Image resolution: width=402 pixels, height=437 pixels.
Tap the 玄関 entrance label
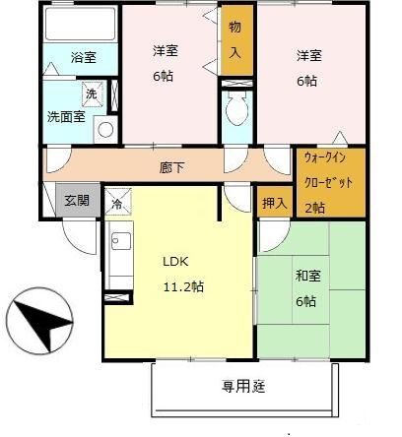(77, 200)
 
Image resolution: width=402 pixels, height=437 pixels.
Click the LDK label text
(175, 262)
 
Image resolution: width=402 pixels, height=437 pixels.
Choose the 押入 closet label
(276, 203)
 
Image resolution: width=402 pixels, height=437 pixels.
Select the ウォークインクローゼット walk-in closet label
(329, 169)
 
